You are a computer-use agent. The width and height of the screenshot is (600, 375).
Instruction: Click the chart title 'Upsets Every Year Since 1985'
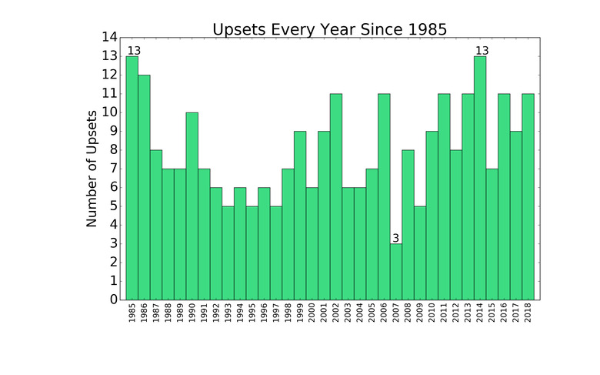pos(329,28)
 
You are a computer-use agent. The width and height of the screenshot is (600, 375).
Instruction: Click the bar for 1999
pos(300,215)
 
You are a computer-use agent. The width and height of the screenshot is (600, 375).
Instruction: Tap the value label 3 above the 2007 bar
pos(396,238)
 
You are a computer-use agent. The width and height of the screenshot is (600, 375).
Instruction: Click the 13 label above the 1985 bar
pos(134,51)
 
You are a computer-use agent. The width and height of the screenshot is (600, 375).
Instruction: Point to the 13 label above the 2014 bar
pos(482,51)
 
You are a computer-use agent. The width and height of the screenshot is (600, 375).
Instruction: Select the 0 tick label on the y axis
pos(114,300)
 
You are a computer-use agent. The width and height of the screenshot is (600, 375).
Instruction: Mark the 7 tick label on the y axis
pos(114,168)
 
